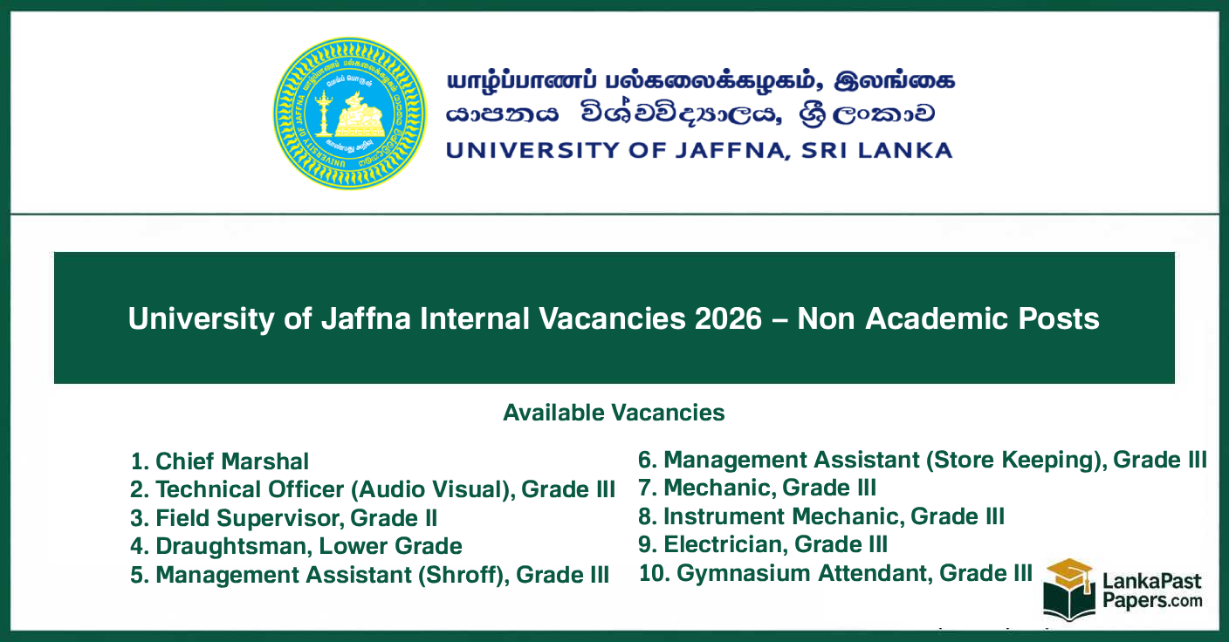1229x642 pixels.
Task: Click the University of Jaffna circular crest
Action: (350, 114)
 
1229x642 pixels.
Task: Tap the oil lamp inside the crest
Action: (325, 113)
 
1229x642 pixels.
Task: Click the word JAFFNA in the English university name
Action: (732, 151)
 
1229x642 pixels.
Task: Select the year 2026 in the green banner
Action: (728, 318)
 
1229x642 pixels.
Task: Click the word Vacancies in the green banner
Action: (612, 318)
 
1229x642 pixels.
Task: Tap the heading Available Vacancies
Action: (614, 413)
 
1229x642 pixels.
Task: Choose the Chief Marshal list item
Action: (219, 461)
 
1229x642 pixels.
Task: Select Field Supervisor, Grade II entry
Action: (284, 518)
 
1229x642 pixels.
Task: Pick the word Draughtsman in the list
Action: (234, 547)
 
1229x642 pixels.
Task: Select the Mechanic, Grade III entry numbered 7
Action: (757, 488)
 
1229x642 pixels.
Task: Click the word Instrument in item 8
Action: (724, 516)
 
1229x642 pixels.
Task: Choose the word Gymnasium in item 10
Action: (745, 573)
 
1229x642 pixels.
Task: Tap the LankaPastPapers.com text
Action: (1152, 591)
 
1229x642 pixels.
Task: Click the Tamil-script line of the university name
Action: (701, 81)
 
